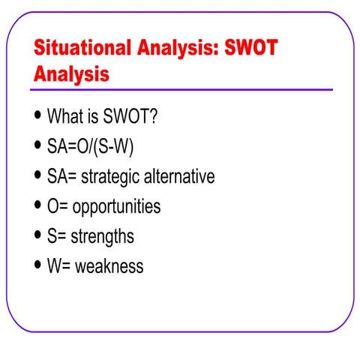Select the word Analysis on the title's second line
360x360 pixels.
click(x=71, y=75)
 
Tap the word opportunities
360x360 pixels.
click(x=116, y=207)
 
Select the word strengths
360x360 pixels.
click(x=103, y=237)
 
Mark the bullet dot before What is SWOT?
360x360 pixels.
click(x=38, y=117)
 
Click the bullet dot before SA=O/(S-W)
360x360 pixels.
click(x=38, y=147)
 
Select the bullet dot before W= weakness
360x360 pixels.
click(x=38, y=266)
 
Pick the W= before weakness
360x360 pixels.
click(x=59, y=266)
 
